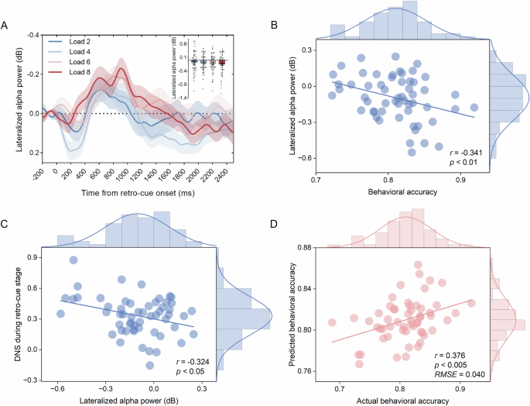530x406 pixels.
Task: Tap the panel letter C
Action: pyautogui.click(x=5, y=225)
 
